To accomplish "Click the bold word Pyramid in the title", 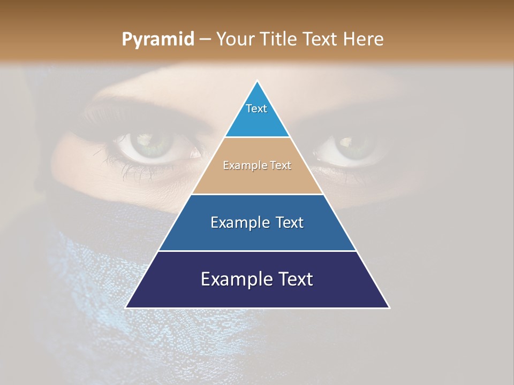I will click(158, 40).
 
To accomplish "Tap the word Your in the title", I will click(236, 39).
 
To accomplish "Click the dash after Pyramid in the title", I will click(205, 40).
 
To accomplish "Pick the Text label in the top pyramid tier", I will click(256, 109).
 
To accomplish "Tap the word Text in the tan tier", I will click(281, 166).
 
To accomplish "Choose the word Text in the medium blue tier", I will click(289, 222).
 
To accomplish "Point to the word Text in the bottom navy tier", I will click(295, 279).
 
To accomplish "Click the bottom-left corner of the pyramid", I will click(126, 307).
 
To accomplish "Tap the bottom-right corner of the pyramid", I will click(389, 307).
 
